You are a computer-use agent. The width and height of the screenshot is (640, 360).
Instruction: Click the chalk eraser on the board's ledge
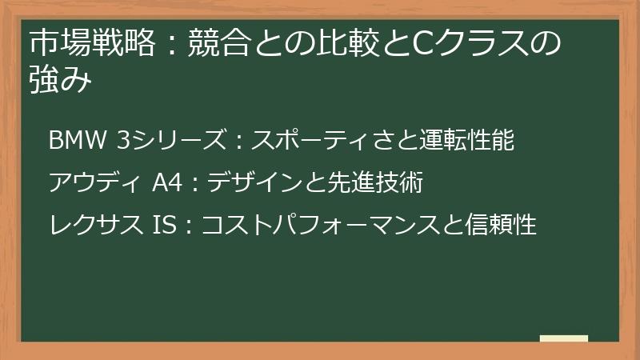pos(564,338)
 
